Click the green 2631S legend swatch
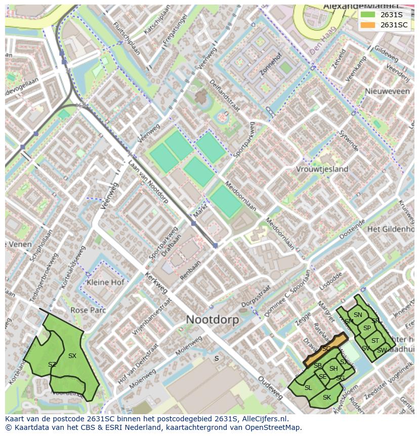pyautogui.click(x=368, y=15)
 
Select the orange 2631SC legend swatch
pyautogui.click(x=368, y=25)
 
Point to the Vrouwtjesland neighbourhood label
pyautogui.click(x=322, y=169)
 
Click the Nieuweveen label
pyautogui.click(x=387, y=91)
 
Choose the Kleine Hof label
pyautogui.click(x=105, y=282)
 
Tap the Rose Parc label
pyautogui.click(x=88, y=310)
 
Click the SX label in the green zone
pyautogui.click(x=72, y=356)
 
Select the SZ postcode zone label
pyautogui.click(x=52, y=365)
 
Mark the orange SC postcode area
pyautogui.click(x=326, y=349)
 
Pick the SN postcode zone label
pyautogui.click(x=358, y=315)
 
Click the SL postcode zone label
pyautogui.click(x=308, y=388)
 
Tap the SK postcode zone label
pyautogui.click(x=326, y=398)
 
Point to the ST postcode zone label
pyautogui.click(x=375, y=341)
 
